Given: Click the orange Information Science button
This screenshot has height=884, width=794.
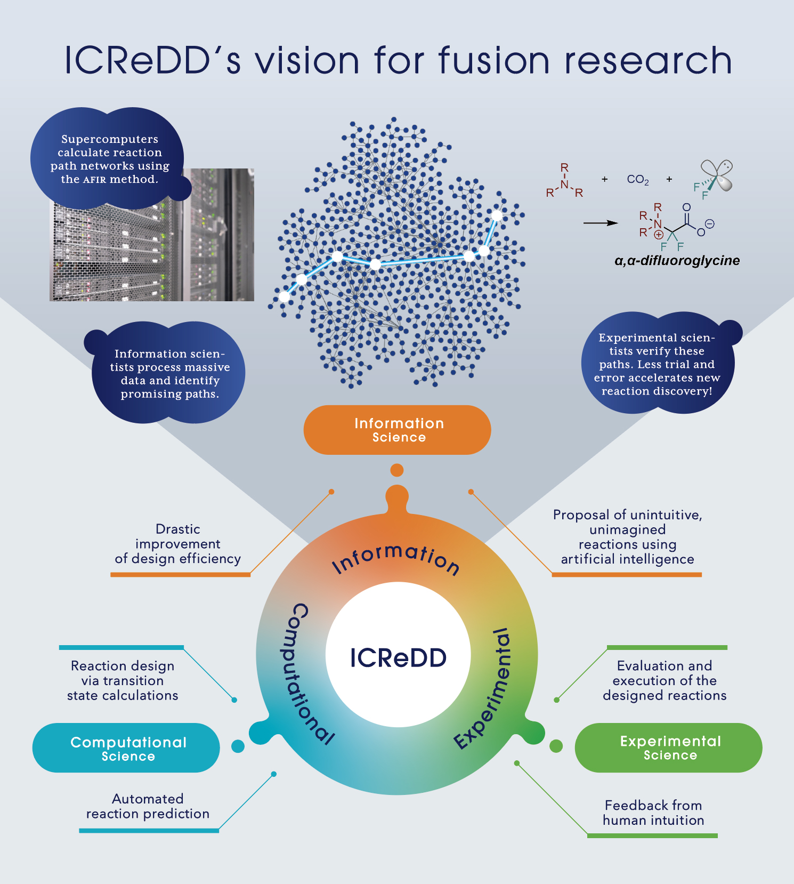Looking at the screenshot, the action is tap(397, 430).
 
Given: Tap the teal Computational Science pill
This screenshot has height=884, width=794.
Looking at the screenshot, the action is tap(126, 748).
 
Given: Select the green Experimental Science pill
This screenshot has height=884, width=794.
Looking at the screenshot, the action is tap(668, 748).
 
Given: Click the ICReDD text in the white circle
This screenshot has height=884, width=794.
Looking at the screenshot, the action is tap(398, 658).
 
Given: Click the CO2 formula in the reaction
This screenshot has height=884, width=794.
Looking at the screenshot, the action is tap(638, 180).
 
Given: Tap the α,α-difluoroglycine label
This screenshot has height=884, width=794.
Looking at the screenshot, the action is tap(677, 261).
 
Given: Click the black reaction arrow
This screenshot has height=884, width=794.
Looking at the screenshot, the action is tap(601, 223).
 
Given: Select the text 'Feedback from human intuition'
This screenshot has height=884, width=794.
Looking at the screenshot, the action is tap(653, 813).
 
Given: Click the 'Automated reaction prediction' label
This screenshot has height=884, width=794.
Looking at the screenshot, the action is tap(148, 806).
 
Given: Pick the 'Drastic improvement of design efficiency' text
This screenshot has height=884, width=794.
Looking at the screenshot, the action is tap(178, 544).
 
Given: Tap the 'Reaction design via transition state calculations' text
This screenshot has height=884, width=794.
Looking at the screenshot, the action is tap(123, 680).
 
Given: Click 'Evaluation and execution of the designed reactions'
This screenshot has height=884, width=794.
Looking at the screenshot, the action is tap(665, 680).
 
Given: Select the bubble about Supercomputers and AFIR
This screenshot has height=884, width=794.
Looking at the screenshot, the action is tap(109, 159).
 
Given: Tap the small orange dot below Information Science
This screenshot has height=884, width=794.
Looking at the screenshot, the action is tap(397, 470).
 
